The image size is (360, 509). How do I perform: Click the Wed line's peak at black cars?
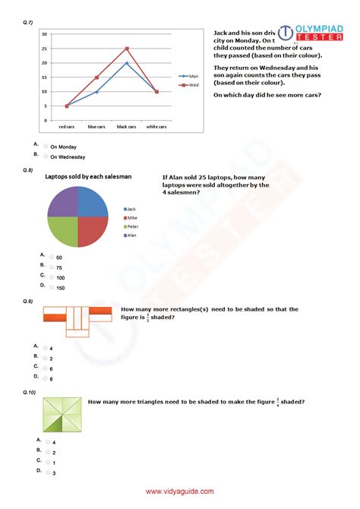127,49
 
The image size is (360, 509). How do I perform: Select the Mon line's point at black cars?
127,63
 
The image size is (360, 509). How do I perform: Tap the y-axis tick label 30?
46,35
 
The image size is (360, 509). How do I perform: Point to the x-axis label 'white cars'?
156,126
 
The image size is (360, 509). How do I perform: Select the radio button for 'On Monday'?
46,147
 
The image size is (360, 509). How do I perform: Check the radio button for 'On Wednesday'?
46,156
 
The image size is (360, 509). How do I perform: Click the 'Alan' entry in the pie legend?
131,236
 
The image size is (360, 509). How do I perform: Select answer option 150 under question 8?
52,288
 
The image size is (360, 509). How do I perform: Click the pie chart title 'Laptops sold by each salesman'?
88,177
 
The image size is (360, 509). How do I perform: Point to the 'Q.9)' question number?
28,302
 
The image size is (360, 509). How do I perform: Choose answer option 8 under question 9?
46,378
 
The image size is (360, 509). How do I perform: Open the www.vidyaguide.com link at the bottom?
180,492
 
